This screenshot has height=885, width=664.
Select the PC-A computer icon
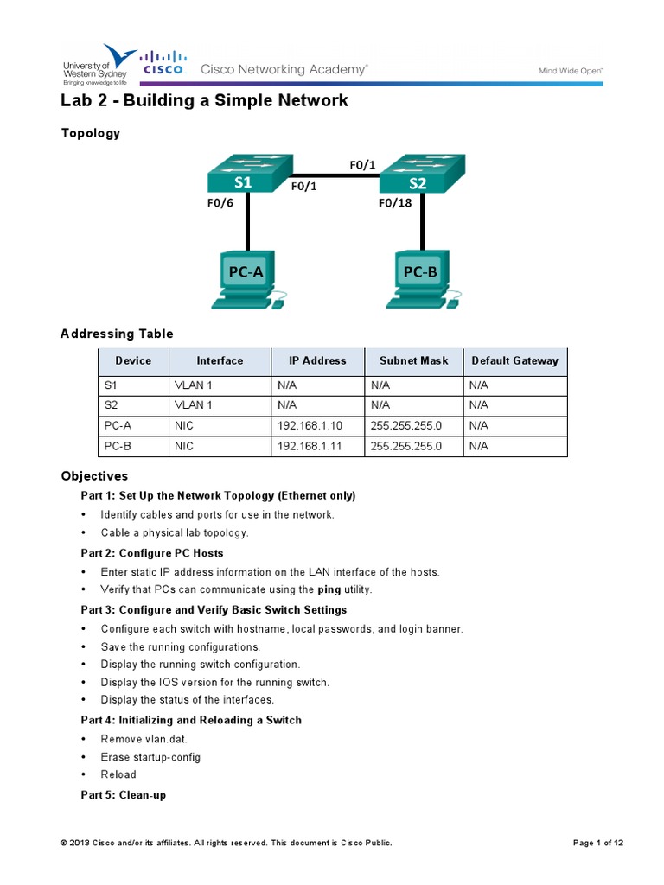coord(247,279)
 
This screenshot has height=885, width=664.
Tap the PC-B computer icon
coord(421,279)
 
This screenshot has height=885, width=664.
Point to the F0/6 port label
coord(220,205)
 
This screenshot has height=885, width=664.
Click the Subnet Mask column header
coord(413,360)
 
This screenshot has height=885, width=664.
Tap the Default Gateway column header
coord(514,360)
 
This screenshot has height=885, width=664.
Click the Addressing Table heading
coord(117,334)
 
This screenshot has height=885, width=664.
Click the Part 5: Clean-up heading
coord(124,794)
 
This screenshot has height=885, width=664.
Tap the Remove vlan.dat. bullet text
coord(144,739)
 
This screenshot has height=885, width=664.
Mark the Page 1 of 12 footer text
coord(598,843)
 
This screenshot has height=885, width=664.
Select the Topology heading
coord(90,133)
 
